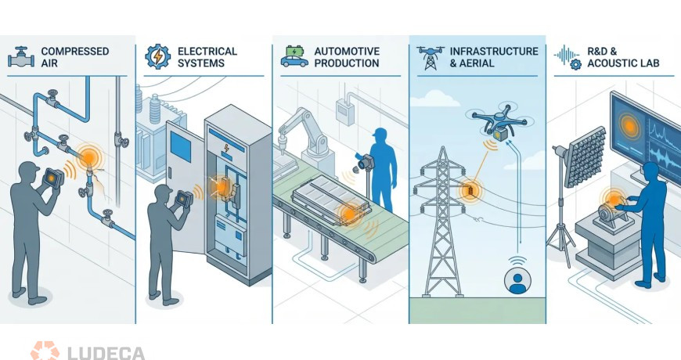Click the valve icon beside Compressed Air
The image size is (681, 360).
click(x=21, y=57)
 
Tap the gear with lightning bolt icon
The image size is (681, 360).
click(x=157, y=56)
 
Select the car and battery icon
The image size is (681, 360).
click(x=294, y=56)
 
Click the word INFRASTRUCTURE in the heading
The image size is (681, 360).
click(x=494, y=51)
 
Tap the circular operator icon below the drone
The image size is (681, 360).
click(x=517, y=280)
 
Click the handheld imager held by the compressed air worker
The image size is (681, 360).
click(x=53, y=178)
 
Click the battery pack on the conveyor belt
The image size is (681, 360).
click(x=331, y=203)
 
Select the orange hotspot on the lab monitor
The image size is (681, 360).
click(x=629, y=126)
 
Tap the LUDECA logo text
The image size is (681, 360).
click(x=106, y=353)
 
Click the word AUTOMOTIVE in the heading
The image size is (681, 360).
click(x=347, y=51)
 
